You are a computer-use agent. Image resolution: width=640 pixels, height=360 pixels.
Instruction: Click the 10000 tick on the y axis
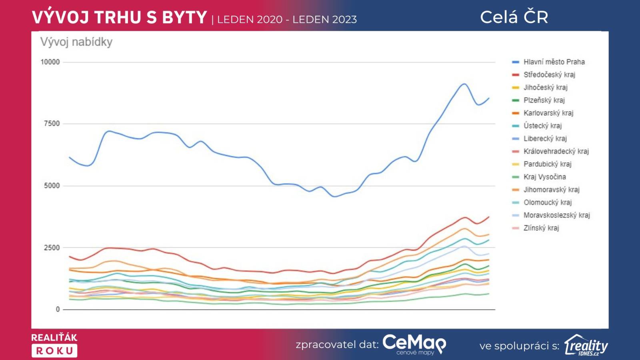click(50, 62)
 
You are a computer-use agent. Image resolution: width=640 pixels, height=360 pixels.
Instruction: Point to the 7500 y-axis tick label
click(52, 124)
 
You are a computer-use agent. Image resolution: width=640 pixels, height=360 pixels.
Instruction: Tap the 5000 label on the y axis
click(52, 186)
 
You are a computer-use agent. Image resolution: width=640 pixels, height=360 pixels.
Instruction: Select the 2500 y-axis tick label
click(52, 248)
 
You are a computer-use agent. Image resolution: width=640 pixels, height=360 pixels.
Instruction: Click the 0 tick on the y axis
click(58, 309)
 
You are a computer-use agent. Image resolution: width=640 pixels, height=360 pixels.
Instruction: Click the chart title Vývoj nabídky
click(76, 42)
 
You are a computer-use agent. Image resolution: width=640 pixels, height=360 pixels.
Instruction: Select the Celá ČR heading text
click(514, 17)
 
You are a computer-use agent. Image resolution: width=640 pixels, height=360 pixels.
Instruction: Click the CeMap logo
click(414, 344)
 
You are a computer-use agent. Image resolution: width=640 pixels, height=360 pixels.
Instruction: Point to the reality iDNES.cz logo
click(586, 345)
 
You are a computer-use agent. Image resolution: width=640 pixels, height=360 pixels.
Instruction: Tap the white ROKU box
click(54, 351)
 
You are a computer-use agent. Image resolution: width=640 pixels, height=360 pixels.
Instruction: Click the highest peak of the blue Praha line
click(464, 84)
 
